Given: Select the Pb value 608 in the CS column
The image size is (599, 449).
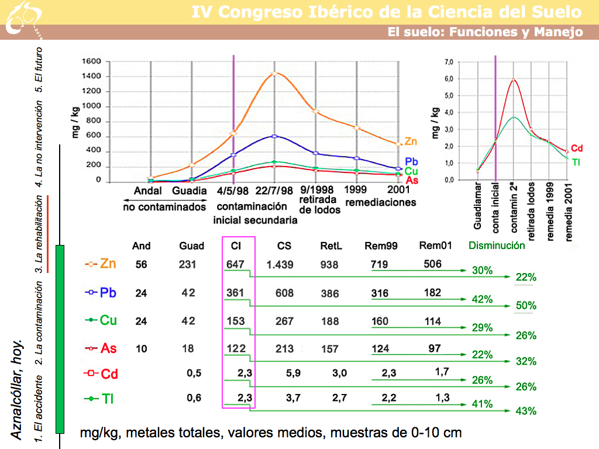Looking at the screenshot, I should point(285,293).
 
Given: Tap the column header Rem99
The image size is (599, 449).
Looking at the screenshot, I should point(381,246).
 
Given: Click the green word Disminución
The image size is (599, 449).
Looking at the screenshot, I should point(497,246).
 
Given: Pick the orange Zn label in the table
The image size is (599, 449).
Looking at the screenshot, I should point(108,264).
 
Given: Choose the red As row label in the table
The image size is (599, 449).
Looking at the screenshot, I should point(109,348).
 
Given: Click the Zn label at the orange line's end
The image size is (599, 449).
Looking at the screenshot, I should point(411,141).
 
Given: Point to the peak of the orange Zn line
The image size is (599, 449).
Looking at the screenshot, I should point(274,73).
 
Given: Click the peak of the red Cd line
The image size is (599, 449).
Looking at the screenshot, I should point(514,80).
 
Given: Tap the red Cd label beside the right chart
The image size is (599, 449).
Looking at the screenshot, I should point(577,148).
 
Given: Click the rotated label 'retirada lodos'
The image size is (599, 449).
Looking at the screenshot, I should point(532,210).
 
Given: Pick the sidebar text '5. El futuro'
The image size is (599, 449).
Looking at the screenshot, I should point(39,74).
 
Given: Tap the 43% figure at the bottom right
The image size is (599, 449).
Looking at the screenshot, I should point(526,411).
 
